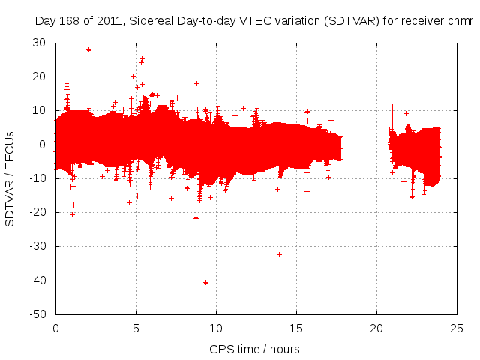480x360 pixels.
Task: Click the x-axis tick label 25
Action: [x=457, y=328]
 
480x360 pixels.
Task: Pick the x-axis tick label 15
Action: [x=296, y=328]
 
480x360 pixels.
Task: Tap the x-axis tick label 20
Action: [x=376, y=328]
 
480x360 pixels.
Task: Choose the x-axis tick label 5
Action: [x=136, y=328]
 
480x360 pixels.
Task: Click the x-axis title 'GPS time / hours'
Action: [x=254, y=349]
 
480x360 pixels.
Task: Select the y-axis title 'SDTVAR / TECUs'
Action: [x=10, y=178]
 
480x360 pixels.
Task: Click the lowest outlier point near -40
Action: [x=205, y=282]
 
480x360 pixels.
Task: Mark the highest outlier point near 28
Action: [x=88, y=50]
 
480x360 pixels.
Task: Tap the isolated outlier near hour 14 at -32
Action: [x=279, y=254]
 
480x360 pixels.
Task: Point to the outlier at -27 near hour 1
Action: [x=73, y=235]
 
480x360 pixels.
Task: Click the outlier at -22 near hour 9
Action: [x=196, y=218]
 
